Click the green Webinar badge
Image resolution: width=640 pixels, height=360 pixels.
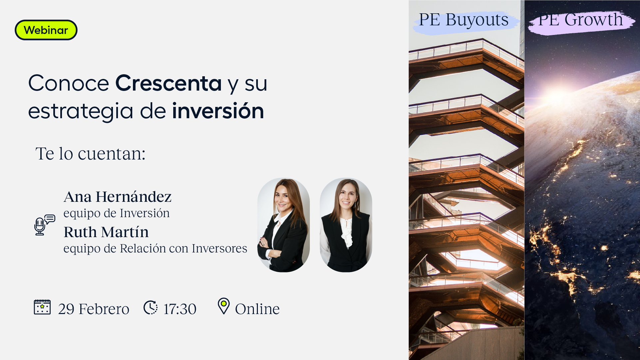tap(46, 30)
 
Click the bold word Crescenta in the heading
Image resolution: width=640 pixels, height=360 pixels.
tap(169, 83)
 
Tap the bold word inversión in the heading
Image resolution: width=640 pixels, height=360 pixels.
tap(218, 111)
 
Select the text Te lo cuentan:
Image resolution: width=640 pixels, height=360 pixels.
tap(91, 154)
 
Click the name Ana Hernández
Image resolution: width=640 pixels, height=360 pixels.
tap(118, 196)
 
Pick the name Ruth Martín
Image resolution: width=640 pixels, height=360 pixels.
tap(106, 232)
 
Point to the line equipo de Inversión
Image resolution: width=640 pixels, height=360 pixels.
tap(117, 213)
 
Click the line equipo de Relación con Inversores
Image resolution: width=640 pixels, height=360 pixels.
tap(155, 248)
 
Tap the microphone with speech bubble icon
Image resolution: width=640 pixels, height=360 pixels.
tap(44, 225)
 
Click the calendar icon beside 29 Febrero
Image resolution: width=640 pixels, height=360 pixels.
tap(42, 307)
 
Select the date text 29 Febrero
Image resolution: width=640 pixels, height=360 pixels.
tap(94, 309)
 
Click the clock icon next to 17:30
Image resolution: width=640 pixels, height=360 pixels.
tap(151, 307)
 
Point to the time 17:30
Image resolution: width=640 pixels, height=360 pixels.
tap(180, 309)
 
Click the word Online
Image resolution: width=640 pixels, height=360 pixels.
tap(257, 309)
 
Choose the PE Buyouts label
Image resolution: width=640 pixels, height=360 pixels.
tap(464, 20)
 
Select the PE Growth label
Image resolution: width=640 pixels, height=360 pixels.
tap(580, 20)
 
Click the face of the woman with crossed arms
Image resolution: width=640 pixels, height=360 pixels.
tap(283, 198)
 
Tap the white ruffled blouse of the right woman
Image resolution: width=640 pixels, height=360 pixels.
tap(346, 231)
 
